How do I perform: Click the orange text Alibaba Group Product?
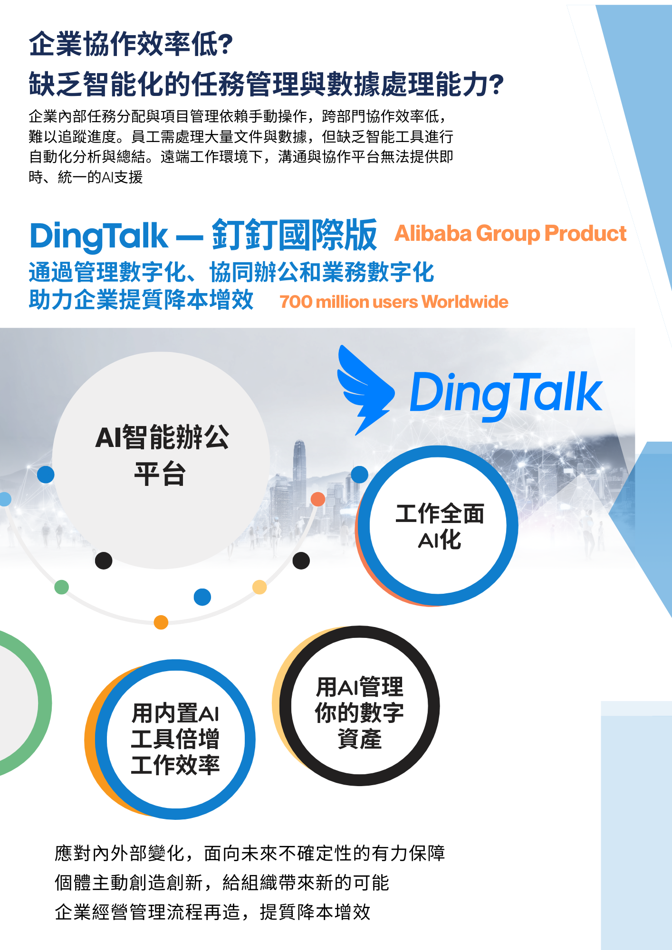click(x=510, y=233)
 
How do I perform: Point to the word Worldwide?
click(x=464, y=302)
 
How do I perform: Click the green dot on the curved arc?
click(x=61, y=587)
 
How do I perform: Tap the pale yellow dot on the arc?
click(x=259, y=587)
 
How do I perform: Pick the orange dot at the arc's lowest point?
click(x=161, y=622)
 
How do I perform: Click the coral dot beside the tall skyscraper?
click(x=317, y=499)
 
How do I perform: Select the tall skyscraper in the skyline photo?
click(x=299, y=475)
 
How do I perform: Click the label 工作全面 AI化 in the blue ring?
click(x=440, y=526)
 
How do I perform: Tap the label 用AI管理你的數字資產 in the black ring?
click(x=359, y=712)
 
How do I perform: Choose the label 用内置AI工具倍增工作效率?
click(x=175, y=739)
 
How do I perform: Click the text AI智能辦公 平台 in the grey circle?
click(x=162, y=456)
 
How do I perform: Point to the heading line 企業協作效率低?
click(x=131, y=44)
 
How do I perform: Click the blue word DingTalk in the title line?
click(x=99, y=236)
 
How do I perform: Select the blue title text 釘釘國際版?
click(x=295, y=235)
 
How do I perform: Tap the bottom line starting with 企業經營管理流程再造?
click(x=212, y=912)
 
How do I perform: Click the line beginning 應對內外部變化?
click(x=250, y=853)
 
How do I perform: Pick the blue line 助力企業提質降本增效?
click(x=141, y=300)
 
